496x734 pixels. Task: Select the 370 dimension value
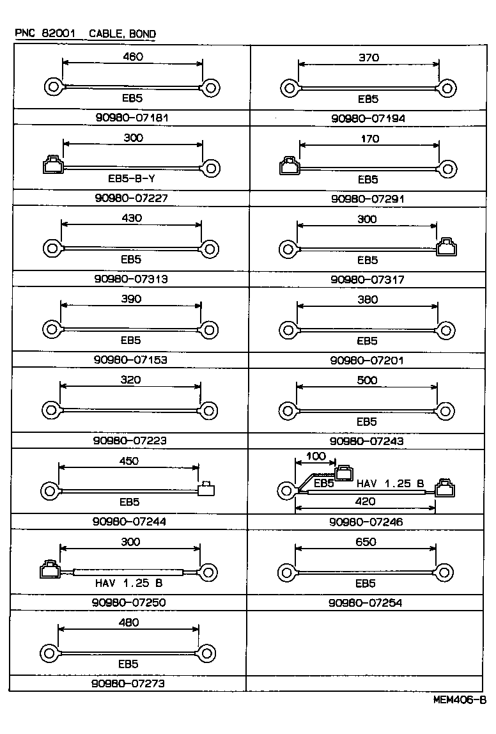(x=369, y=58)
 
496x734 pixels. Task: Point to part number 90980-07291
(x=368, y=198)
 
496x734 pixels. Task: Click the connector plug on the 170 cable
(x=290, y=168)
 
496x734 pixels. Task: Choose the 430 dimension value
(x=132, y=218)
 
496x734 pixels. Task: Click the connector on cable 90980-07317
(x=446, y=247)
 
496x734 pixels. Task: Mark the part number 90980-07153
(x=130, y=359)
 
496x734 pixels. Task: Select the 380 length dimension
(x=368, y=299)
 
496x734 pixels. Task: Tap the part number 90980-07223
(x=130, y=441)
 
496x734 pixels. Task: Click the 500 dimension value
(x=368, y=380)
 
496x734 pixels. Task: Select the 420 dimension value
(x=365, y=502)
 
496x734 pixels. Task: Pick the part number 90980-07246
(x=366, y=522)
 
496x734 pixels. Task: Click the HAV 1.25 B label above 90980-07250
(x=129, y=582)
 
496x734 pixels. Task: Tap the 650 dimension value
(x=366, y=542)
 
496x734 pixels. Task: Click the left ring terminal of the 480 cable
(x=49, y=653)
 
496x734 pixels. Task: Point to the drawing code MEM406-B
(x=459, y=700)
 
